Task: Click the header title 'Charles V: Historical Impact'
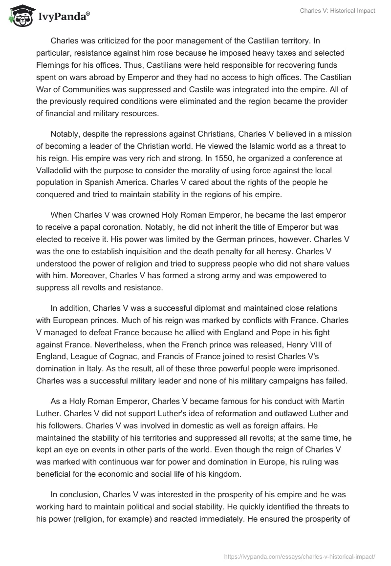coord(337,11)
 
